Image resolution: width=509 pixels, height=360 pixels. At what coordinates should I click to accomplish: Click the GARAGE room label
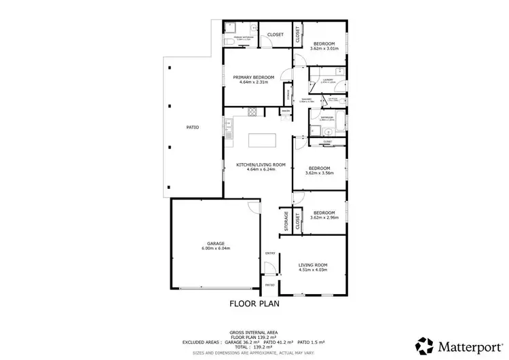pos(216,243)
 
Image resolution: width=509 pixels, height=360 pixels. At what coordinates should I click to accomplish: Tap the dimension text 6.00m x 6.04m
pos(216,249)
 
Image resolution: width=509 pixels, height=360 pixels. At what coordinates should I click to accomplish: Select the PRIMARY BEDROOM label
pos(254,77)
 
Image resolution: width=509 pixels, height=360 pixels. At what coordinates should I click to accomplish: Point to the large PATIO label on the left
pos(193,127)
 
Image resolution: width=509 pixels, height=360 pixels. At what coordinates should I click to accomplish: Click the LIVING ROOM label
pos(314,264)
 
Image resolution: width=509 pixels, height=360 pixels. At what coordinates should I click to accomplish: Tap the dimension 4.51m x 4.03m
pos(314,270)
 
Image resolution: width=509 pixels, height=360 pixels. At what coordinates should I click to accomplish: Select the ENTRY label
pos(270,253)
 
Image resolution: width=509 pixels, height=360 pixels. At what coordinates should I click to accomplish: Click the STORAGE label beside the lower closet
pos(286,221)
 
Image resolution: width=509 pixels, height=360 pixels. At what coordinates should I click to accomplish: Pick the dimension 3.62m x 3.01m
pos(323,49)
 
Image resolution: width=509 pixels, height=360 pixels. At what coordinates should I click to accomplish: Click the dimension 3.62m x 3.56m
pos(319,173)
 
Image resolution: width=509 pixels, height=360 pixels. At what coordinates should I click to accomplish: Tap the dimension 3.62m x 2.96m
pos(324,218)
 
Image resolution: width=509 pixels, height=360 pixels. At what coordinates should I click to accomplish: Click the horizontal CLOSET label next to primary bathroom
pos(275,35)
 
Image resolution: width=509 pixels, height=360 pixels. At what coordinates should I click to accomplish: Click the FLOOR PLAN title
pos(254,304)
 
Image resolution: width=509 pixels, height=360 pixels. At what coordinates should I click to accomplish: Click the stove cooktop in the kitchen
pos(251,112)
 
